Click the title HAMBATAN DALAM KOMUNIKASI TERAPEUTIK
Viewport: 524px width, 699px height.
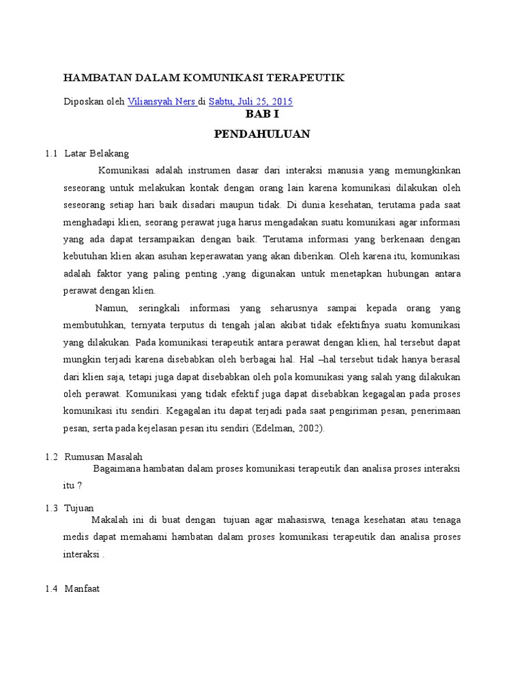pyautogui.click(x=204, y=79)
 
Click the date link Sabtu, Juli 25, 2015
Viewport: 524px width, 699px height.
pyautogui.click(x=250, y=102)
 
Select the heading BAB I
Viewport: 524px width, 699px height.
pyautogui.click(x=262, y=115)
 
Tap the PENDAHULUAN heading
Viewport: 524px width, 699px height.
pyautogui.click(x=262, y=134)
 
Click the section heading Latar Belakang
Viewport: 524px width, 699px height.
pyautogui.click(x=96, y=154)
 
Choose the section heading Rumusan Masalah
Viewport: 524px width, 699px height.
pyautogui.click(x=103, y=457)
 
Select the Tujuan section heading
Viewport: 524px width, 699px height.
pyautogui.click(x=78, y=508)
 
